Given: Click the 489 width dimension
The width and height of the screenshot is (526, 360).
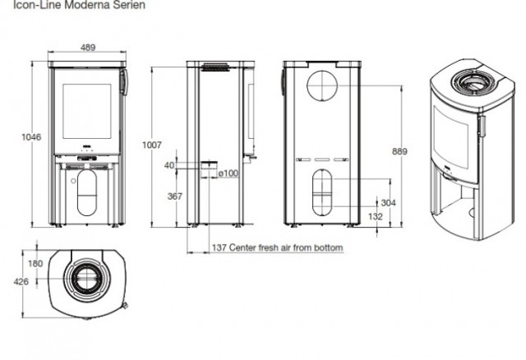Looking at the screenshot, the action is click(x=88, y=48).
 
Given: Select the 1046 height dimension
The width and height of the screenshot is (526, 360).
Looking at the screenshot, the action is click(x=31, y=137).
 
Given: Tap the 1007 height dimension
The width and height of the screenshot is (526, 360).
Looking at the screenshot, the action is click(x=152, y=145).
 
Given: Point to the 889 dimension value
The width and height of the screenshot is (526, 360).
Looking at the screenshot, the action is click(x=399, y=152).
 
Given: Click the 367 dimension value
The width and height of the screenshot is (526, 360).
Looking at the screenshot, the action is click(x=175, y=196).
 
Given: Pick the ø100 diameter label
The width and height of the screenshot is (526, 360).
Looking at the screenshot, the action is click(x=228, y=173).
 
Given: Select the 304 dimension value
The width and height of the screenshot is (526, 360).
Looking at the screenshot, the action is click(x=389, y=203).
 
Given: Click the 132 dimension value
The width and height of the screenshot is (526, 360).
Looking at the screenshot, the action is click(x=376, y=217).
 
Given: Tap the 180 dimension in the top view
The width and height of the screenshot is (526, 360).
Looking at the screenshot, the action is click(x=35, y=264).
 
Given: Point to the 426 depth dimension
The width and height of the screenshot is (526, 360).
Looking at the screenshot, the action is click(x=21, y=282).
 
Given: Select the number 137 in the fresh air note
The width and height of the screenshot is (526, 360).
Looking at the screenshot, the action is click(x=219, y=248).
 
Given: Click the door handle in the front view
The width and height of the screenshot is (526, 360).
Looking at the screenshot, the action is click(x=124, y=82).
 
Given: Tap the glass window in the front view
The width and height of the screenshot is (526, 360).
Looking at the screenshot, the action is click(x=87, y=112).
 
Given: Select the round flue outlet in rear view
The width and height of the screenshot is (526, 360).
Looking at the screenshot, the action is click(x=322, y=85).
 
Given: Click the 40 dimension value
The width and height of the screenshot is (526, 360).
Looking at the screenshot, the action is click(x=169, y=166).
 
